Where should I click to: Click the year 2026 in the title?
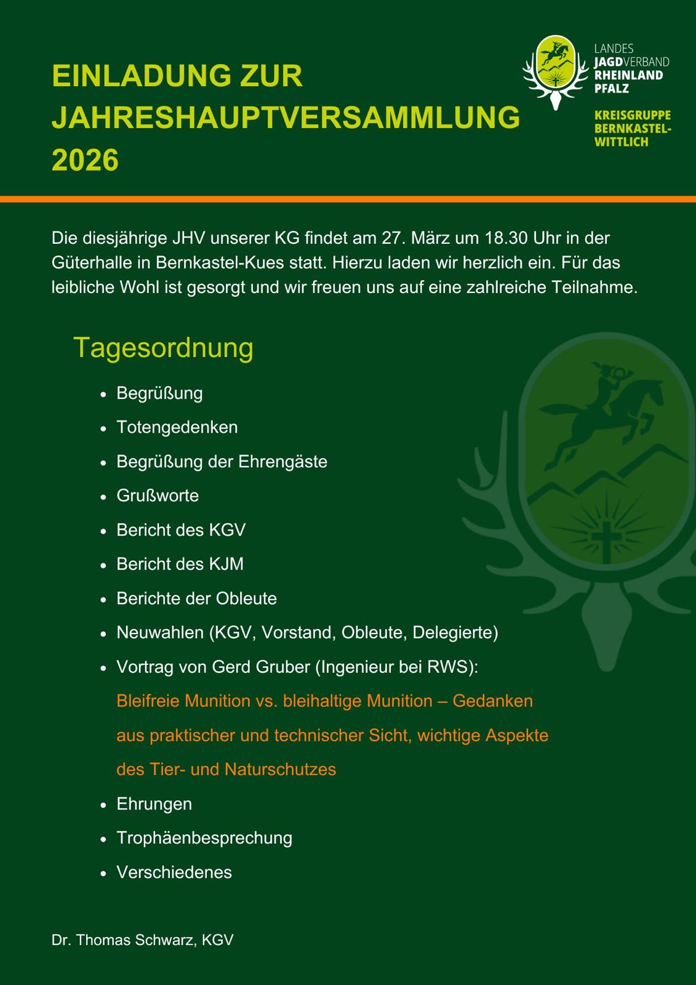85,160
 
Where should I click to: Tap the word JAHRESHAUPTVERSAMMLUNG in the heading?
286,118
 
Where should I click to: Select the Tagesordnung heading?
163,348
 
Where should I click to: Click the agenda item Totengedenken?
177,427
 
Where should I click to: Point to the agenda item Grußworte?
158,496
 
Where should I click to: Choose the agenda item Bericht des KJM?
180,564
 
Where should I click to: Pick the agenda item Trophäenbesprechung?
204,838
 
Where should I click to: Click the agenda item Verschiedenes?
174,872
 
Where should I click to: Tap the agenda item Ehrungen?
154,804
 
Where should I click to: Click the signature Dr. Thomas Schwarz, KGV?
142,940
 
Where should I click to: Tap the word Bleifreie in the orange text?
148,701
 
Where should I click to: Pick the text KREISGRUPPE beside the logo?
632,116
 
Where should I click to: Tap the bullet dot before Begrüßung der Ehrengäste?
104,462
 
